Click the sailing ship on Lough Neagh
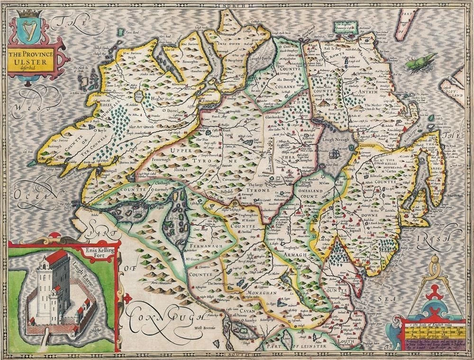(x=336, y=153)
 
